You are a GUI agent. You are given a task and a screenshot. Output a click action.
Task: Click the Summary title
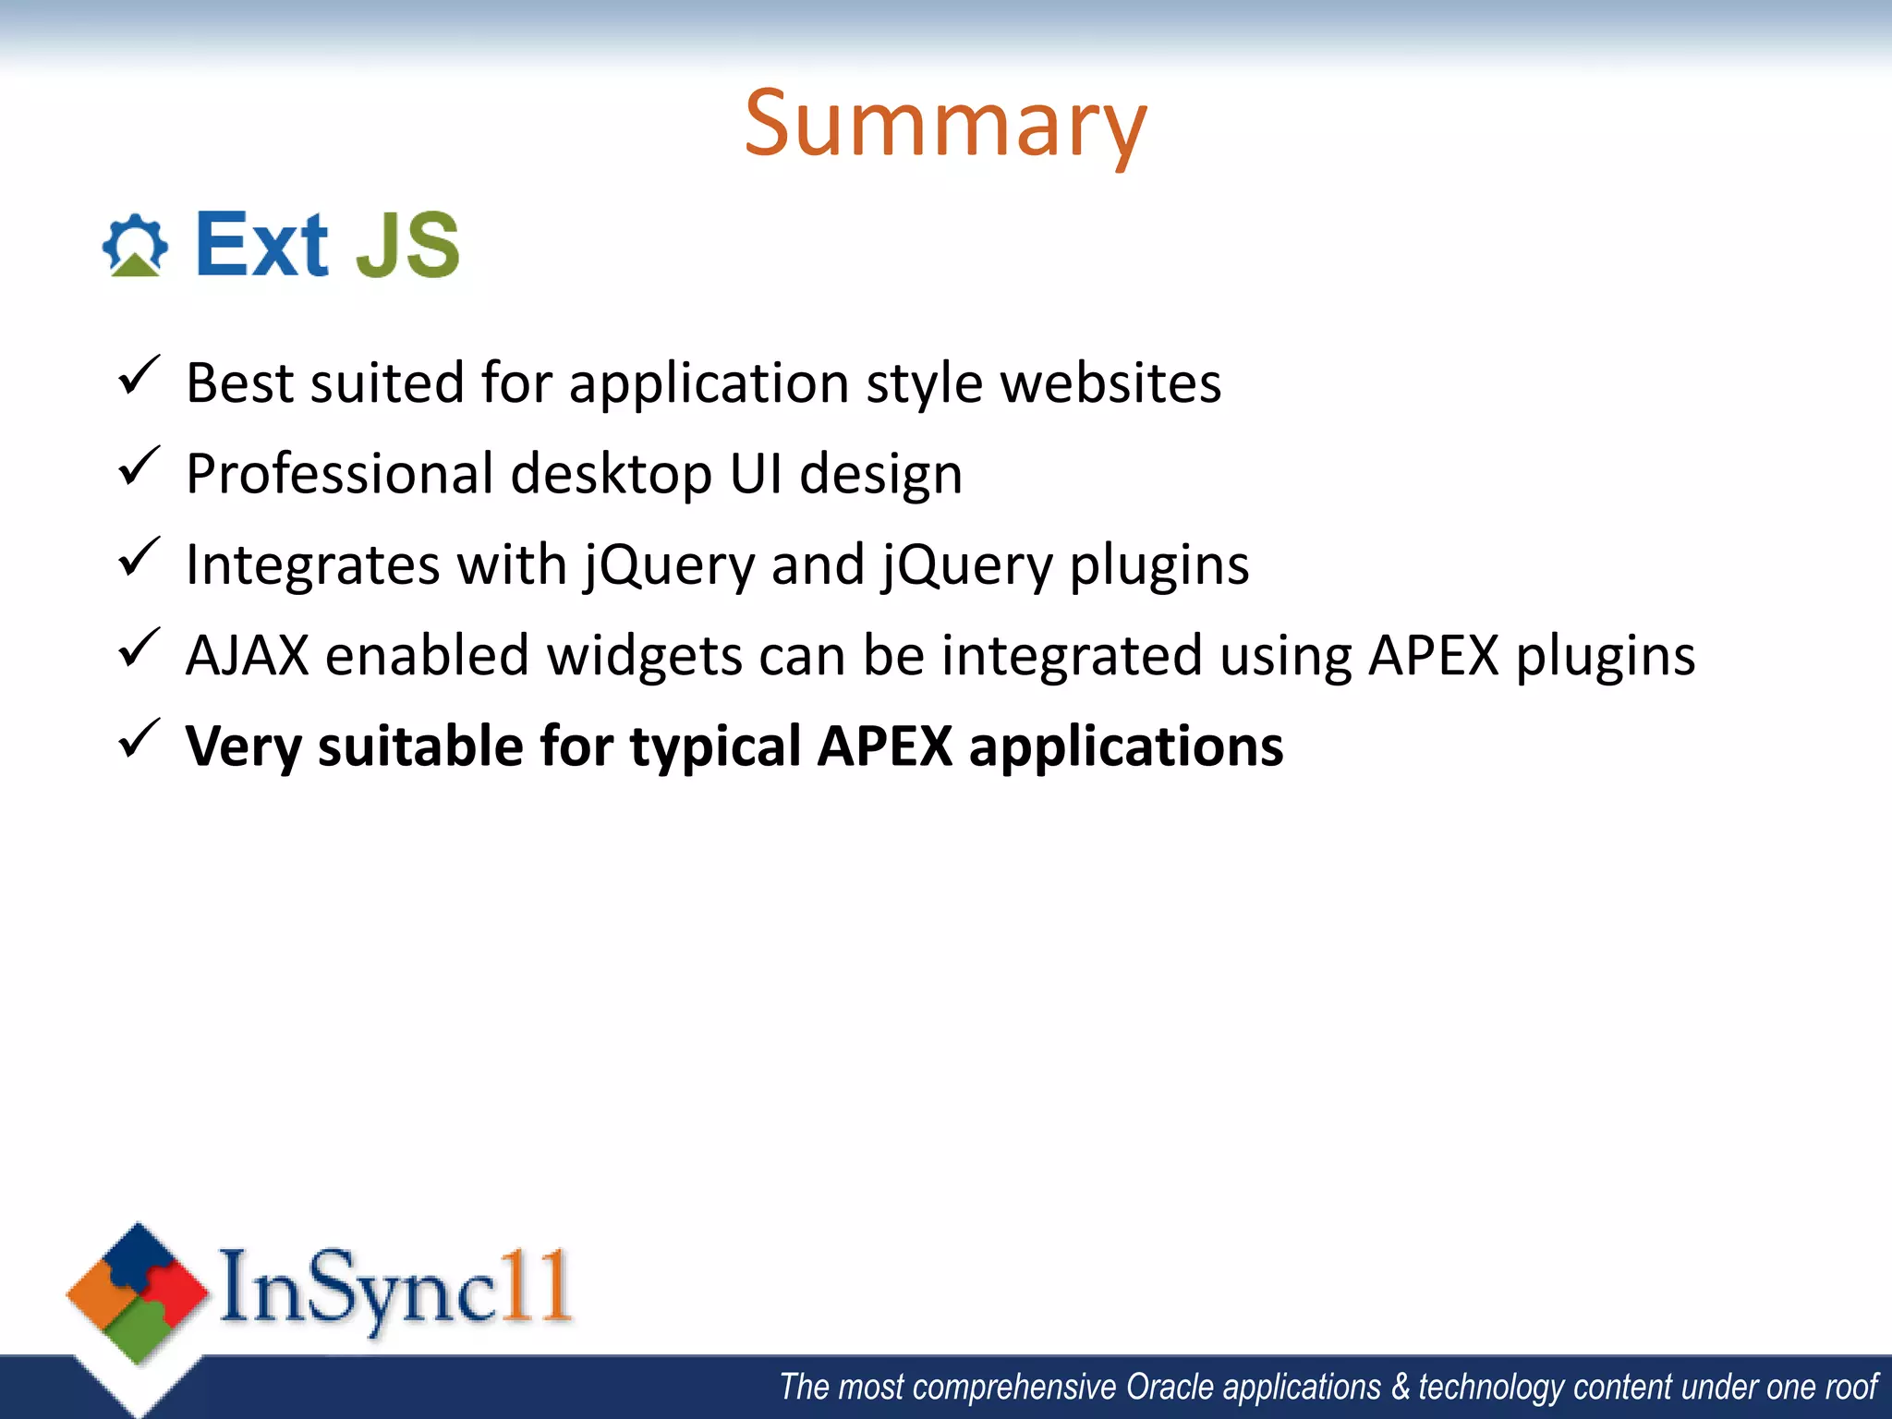(x=945, y=125)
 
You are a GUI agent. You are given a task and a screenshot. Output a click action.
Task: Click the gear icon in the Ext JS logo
(x=135, y=245)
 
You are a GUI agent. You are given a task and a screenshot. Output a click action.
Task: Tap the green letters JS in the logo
(x=407, y=246)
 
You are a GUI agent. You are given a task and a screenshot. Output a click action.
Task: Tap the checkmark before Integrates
(x=139, y=558)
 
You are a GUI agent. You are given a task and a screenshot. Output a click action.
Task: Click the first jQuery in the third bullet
(x=670, y=565)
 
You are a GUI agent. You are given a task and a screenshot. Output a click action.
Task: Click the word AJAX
(x=247, y=656)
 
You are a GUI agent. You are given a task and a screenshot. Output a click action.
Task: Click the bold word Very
(x=242, y=746)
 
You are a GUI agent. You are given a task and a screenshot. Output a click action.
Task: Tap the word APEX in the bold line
(x=884, y=746)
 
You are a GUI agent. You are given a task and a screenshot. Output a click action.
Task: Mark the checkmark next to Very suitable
(x=139, y=739)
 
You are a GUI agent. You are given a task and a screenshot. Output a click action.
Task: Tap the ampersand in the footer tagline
(x=1401, y=1388)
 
